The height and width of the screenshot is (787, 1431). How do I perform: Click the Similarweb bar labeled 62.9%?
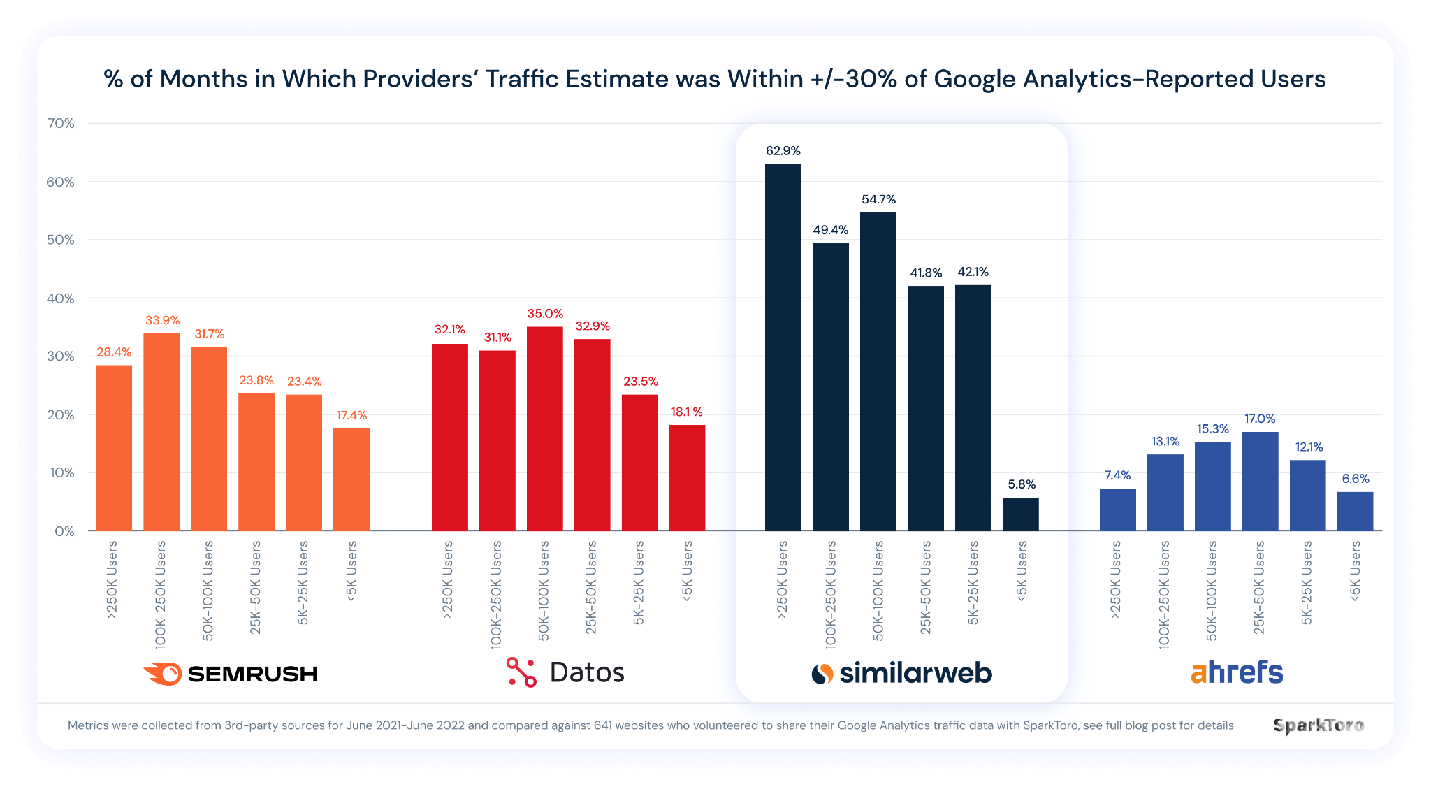[x=783, y=347]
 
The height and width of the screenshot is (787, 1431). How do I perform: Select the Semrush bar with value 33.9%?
[x=161, y=432]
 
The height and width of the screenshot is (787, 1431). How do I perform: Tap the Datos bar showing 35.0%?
[x=544, y=428]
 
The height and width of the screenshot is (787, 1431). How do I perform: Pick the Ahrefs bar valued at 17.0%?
[x=1260, y=481]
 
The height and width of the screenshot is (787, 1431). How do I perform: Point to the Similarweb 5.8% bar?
[x=1020, y=514]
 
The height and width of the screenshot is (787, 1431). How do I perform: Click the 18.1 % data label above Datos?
[x=687, y=412]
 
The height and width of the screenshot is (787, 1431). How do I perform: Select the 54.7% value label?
[x=878, y=200]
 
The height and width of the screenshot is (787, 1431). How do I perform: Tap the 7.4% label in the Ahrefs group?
[x=1117, y=475]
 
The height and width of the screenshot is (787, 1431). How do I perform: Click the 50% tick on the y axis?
[x=61, y=240]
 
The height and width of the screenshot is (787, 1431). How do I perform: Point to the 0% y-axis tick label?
[x=64, y=531]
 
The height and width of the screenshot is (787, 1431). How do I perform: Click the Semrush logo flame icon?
[x=164, y=674]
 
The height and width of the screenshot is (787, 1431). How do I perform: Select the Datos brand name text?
[x=586, y=672]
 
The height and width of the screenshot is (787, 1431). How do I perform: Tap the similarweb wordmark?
[x=915, y=673]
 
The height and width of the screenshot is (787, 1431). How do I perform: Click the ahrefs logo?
[x=1237, y=672]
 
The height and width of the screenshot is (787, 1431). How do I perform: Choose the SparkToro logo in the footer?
[x=1318, y=725]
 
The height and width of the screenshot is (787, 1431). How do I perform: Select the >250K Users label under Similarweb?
[x=782, y=580]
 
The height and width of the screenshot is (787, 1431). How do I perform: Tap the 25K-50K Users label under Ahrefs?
[x=1259, y=587]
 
